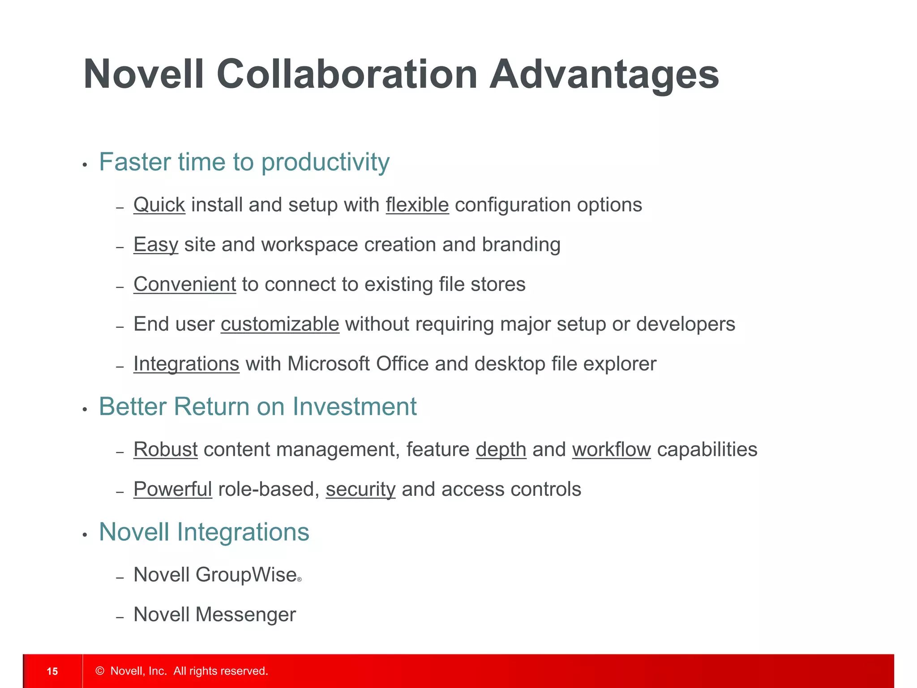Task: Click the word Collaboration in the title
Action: click(347, 74)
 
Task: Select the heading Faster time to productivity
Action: click(244, 162)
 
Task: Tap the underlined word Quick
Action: click(159, 205)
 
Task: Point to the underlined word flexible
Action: click(417, 205)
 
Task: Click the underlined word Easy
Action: click(156, 245)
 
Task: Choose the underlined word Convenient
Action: click(184, 284)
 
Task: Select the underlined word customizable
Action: click(280, 324)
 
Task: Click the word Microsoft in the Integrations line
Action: click(329, 364)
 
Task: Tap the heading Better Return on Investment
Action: click(257, 407)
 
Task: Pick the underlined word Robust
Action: click(166, 450)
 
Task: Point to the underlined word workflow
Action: click(611, 450)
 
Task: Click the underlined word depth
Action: click(501, 450)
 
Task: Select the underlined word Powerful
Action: click(173, 489)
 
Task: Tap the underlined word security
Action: click(360, 490)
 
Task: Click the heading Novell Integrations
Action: click(204, 532)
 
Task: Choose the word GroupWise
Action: click(246, 575)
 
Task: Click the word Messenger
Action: click(246, 615)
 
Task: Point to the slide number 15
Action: click(52, 671)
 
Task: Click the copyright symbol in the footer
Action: click(100, 671)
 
